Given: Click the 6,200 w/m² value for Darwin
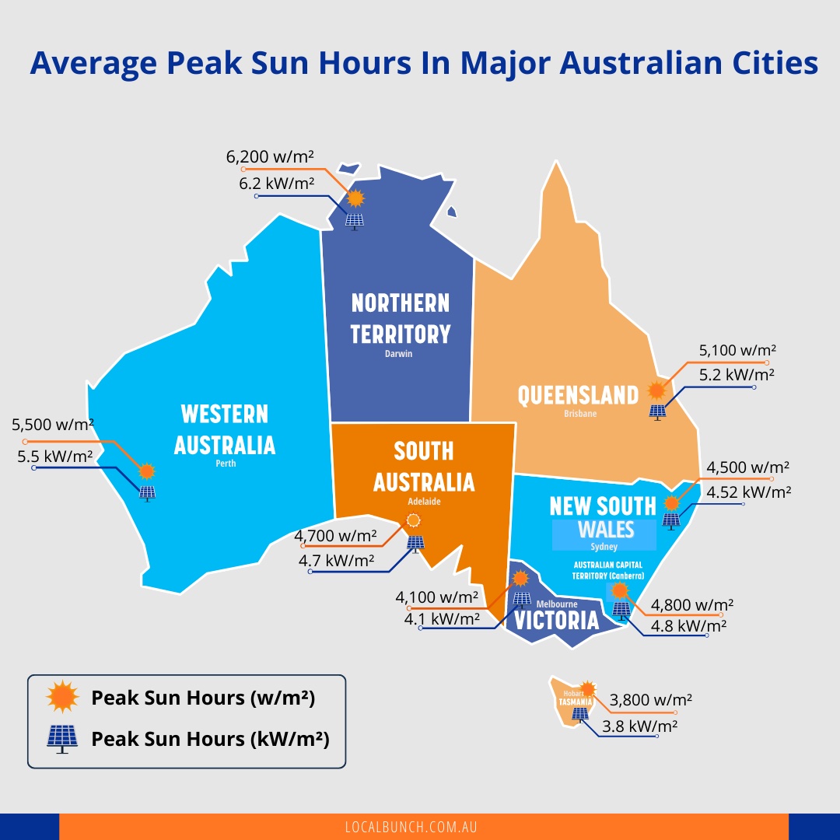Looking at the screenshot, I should [270, 156].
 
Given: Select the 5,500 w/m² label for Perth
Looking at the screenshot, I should [53, 425].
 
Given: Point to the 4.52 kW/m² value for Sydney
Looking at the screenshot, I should [748, 492].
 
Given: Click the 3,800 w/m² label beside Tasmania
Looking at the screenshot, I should [651, 699].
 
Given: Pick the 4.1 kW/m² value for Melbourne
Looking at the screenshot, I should [442, 619].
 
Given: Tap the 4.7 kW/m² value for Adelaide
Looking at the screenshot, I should [336, 559].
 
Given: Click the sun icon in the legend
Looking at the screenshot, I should [62, 697].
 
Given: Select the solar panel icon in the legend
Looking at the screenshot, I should [62, 738].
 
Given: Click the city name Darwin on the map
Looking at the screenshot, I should [398, 354].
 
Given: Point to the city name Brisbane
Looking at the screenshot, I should [580, 414].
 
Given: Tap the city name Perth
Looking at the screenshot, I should [226, 464].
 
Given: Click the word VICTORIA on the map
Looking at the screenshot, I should [556, 620].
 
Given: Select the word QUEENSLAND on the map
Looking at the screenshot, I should [578, 395].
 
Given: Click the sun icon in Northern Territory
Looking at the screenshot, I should [355, 198].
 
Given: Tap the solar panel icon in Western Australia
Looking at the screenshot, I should [146, 492].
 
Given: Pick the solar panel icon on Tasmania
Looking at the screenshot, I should [580, 714].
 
